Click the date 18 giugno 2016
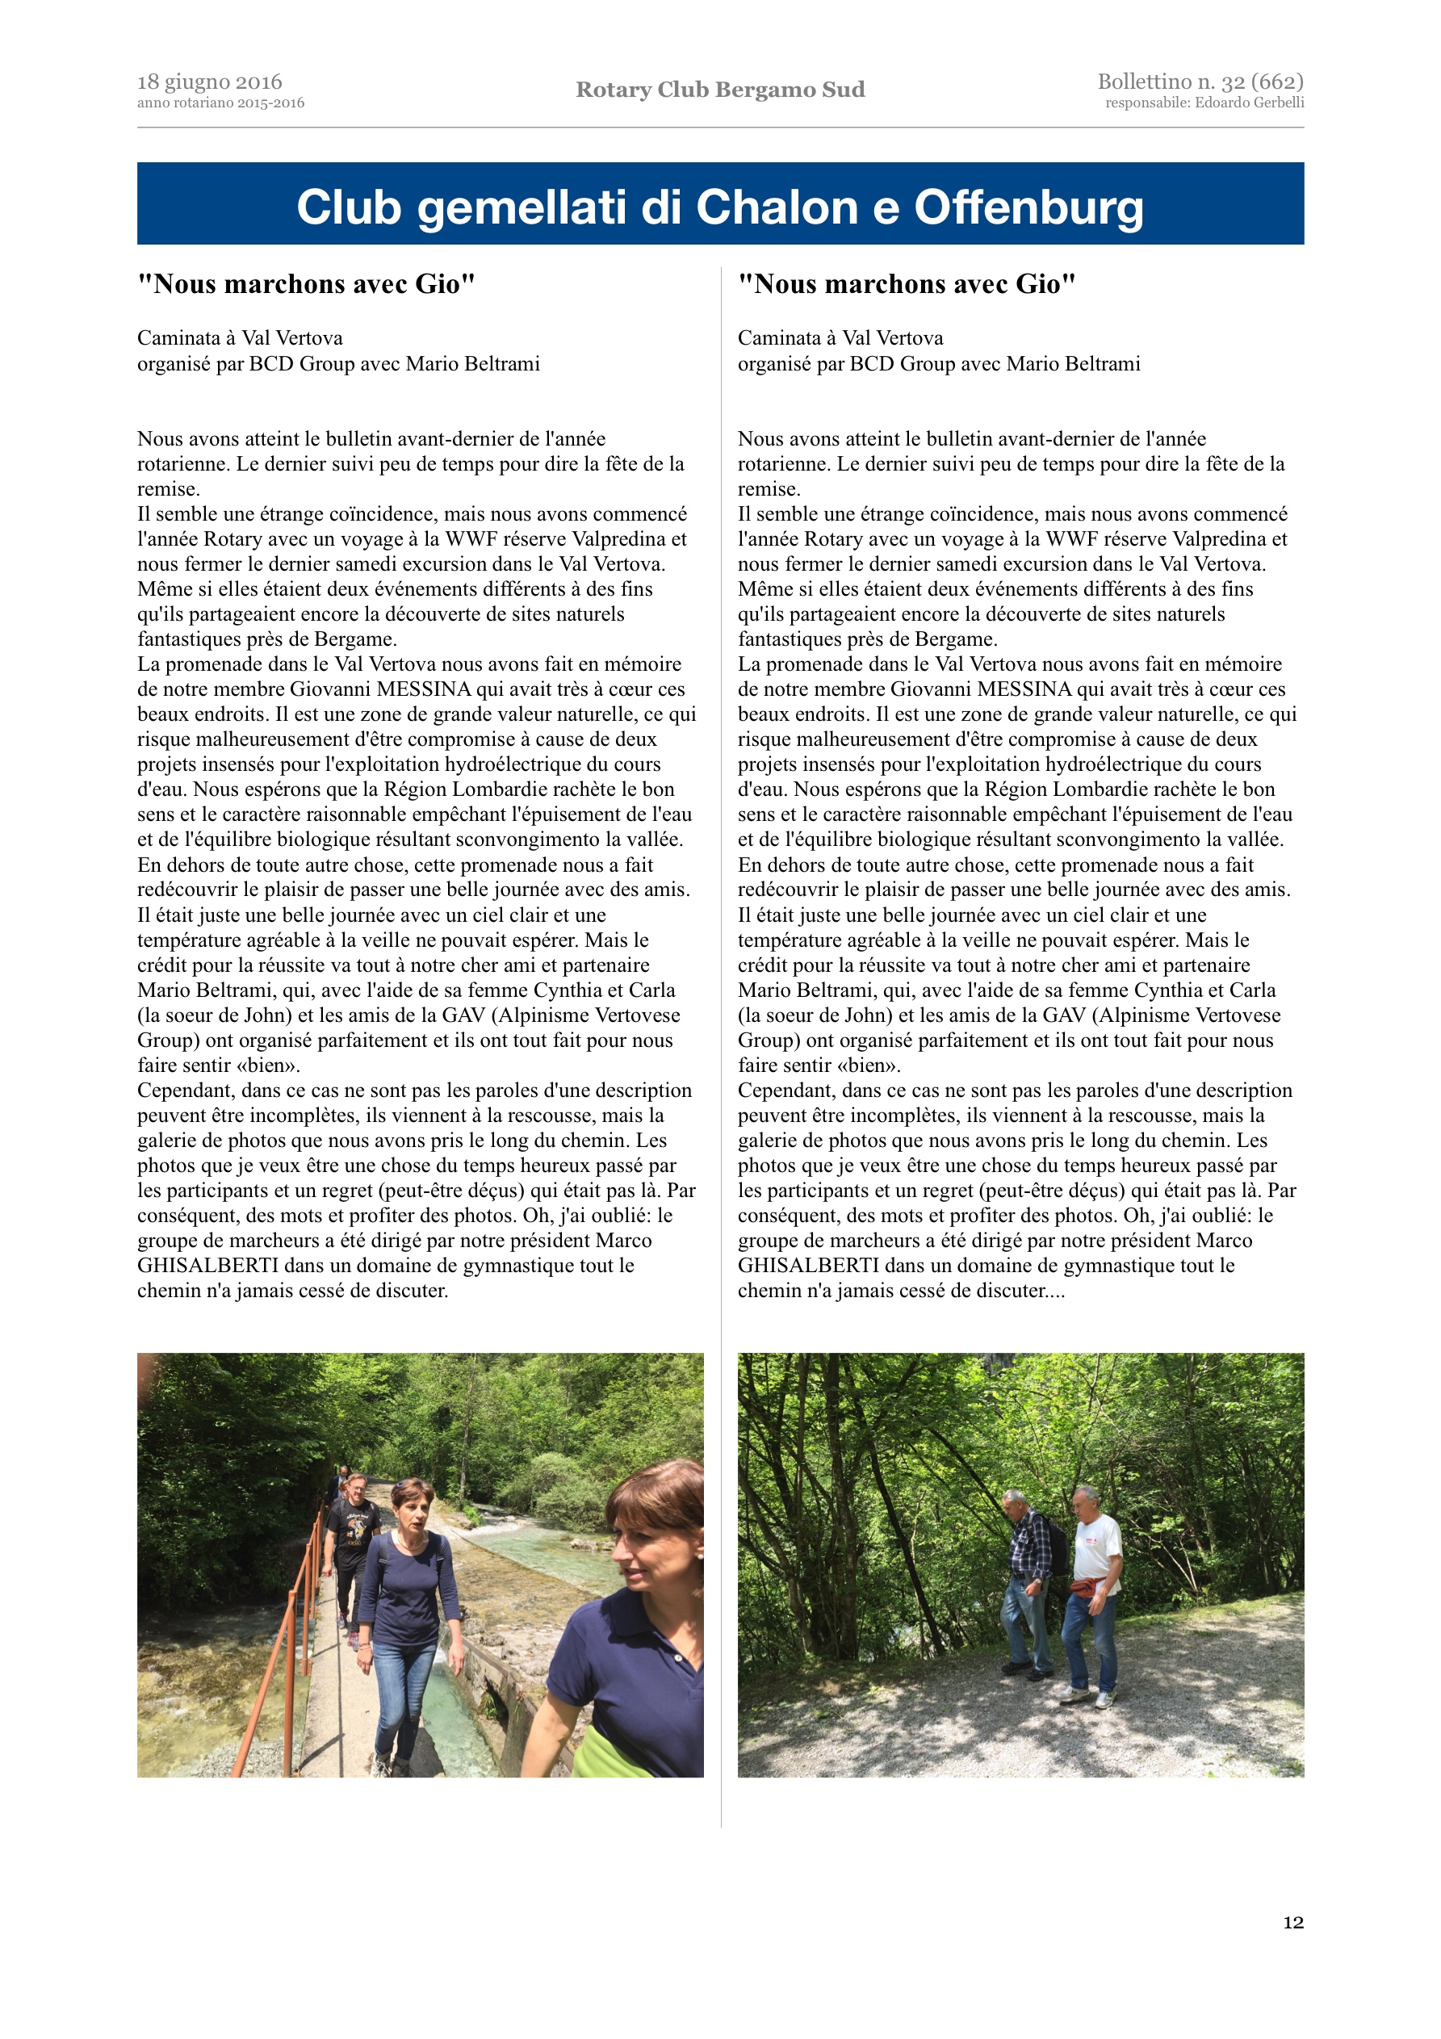tap(210, 82)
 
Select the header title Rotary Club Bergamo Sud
tap(719, 90)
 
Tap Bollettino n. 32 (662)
tap(1200, 82)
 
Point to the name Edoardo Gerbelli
tap(1252, 103)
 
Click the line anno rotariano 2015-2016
tap(220, 103)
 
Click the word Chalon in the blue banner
tap(779, 207)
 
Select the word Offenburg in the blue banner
tap(1028, 207)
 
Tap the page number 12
tap(1292, 1923)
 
